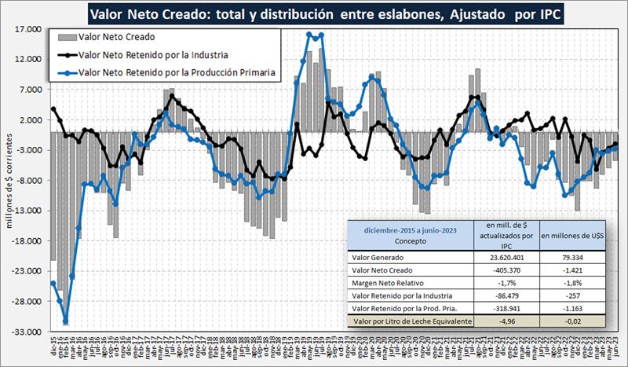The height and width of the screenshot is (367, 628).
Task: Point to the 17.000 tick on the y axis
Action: pyautogui.click(x=28, y=29)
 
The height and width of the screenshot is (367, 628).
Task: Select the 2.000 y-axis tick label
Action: pyautogui.click(x=31, y=119)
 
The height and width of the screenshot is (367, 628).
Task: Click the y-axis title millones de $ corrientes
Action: pyautogui.click(x=10, y=182)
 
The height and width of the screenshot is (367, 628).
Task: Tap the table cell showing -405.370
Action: pyautogui.click(x=511, y=269)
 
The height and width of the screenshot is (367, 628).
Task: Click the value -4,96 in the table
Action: pyautogui.click(x=511, y=321)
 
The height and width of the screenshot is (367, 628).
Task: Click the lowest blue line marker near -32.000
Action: pyautogui.click(x=66, y=321)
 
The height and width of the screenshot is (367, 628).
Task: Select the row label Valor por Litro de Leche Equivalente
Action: pyautogui.click(x=413, y=321)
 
